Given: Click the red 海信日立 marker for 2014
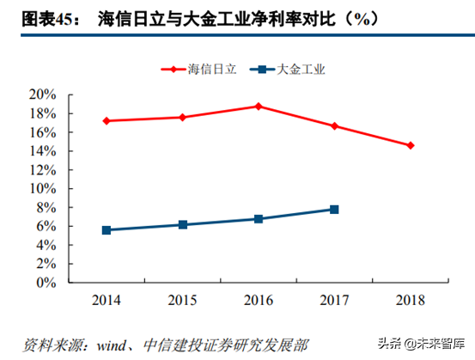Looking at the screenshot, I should [x=107, y=121].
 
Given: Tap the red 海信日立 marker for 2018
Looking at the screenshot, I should [x=411, y=145].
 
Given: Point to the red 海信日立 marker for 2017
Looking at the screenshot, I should [x=334, y=126].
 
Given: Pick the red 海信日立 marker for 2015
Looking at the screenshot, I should [x=182, y=117].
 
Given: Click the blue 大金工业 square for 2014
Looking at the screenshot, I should [x=107, y=230].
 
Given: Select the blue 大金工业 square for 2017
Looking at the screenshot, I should [x=334, y=210].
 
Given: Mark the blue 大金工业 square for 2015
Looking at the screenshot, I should [x=182, y=225].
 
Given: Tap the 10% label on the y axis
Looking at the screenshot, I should [x=45, y=188].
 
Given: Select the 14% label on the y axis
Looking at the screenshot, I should [x=45, y=150].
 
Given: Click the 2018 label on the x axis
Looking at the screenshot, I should [x=410, y=299].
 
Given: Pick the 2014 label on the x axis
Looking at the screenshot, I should [x=107, y=299].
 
